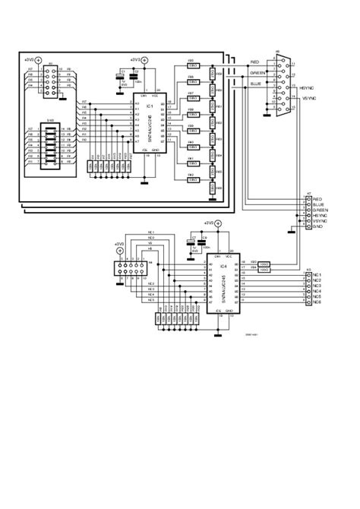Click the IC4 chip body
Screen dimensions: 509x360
(x=223, y=280)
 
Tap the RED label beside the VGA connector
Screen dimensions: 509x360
(x=256, y=62)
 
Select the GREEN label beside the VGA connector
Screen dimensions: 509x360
(x=257, y=73)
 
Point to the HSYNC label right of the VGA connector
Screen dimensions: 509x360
(x=308, y=87)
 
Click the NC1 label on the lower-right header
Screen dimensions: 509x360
(x=317, y=274)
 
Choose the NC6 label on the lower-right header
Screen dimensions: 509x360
(x=317, y=302)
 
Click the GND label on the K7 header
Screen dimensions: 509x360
(x=317, y=226)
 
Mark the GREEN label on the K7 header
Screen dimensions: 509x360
(x=319, y=210)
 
